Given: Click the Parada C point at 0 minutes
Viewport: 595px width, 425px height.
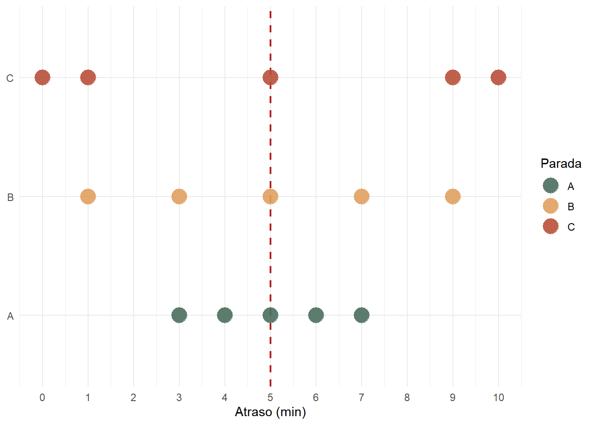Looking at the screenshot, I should (x=42, y=77).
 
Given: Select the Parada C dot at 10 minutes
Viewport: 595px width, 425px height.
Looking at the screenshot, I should (x=498, y=77).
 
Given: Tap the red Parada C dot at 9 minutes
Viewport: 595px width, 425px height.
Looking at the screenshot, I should (x=452, y=77).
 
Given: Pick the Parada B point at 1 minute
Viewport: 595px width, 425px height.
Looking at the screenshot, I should (x=88, y=196).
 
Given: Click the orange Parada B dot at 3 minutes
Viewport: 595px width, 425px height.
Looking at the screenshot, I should (x=179, y=196).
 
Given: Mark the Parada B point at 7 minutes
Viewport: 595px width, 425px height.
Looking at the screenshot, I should (x=362, y=196).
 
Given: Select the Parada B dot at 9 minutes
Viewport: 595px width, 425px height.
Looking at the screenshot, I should (x=452, y=196).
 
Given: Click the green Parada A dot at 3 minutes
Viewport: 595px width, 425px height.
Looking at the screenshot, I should (x=179, y=315).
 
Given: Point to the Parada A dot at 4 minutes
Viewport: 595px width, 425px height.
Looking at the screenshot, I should (x=225, y=315).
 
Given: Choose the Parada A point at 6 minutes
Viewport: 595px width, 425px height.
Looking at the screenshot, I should (x=316, y=315).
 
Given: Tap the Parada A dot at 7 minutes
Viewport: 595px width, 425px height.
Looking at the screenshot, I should (x=362, y=315).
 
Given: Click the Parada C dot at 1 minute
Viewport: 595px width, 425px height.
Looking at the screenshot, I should (x=88, y=77).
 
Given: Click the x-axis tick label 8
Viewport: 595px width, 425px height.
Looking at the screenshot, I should (x=407, y=398).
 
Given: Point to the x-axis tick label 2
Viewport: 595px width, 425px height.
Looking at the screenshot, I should (x=133, y=398).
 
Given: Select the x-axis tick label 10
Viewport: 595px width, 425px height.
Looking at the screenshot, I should (x=498, y=398).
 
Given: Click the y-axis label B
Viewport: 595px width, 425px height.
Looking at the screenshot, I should (x=10, y=197).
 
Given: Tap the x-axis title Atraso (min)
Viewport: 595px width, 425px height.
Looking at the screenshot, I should (x=270, y=412).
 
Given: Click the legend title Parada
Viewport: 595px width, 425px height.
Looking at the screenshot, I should (x=561, y=164).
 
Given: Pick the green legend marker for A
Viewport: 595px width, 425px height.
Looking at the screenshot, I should (x=551, y=186).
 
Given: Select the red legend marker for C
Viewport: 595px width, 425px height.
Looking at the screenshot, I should (x=551, y=227).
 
